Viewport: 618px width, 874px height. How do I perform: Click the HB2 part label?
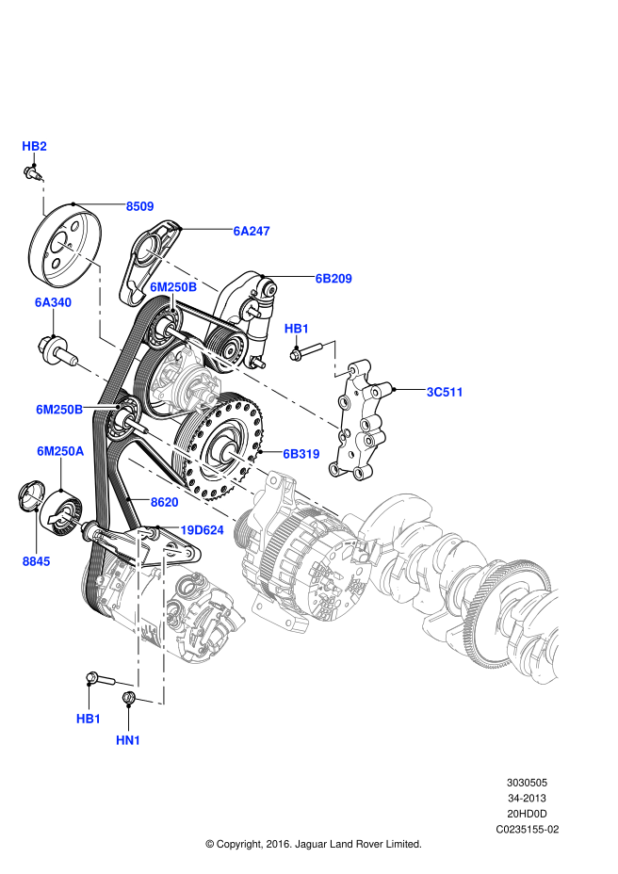pyautogui.click(x=34, y=146)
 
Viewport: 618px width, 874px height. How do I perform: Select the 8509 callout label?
pyautogui.click(x=140, y=205)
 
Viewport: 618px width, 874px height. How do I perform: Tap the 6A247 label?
pyautogui.click(x=252, y=229)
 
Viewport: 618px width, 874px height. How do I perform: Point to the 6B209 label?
pyautogui.click(x=333, y=279)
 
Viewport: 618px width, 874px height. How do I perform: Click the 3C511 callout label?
pyautogui.click(x=445, y=391)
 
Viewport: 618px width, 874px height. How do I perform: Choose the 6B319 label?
pyautogui.click(x=301, y=453)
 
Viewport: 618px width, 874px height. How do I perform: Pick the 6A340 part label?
pyautogui.click(x=53, y=302)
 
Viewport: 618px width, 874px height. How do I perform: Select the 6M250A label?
pyautogui.click(x=60, y=451)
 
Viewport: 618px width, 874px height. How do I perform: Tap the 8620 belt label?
pyautogui.click(x=164, y=503)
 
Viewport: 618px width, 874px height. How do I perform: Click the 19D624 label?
pyautogui.click(x=202, y=530)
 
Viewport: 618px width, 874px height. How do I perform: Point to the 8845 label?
pyautogui.click(x=38, y=560)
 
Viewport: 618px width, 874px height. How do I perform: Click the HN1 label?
pyautogui.click(x=128, y=740)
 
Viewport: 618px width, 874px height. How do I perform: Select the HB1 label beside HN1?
pyautogui.click(x=89, y=719)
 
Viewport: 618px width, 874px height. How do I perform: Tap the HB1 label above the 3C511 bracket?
pyautogui.click(x=297, y=328)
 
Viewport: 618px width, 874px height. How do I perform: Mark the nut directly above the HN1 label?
pyautogui.click(x=131, y=698)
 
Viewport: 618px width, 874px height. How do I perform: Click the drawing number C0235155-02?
pyautogui.click(x=528, y=830)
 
